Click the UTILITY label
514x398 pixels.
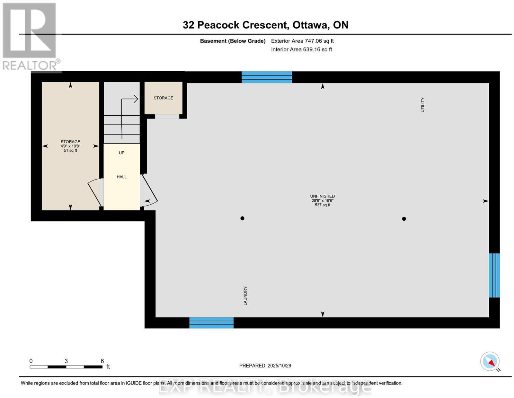[x=422, y=105]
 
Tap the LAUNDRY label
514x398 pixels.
[x=245, y=296]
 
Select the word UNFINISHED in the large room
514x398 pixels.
[x=323, y=196]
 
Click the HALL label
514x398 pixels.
[x=121, y=177]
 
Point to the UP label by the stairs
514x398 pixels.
[x=121, y=153]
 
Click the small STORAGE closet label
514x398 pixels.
[x=163, y=98]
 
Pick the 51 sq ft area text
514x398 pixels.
[x=70, y=150]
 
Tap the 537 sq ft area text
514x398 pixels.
[x=323, y=205]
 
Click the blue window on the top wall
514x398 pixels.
[x=267, y=77]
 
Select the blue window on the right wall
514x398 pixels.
[x=494, y=275]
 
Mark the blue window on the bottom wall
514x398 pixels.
[x=211, y=323]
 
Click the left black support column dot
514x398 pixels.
[x=242, y=218]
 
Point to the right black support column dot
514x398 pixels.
[x=404, y=219]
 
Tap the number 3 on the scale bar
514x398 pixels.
[x=66, y=361]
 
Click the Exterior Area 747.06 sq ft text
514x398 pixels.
[x=302, y=41]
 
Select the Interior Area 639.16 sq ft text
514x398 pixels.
[x=302, y=49]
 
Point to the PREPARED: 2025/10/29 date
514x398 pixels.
[x=265, y=366]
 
